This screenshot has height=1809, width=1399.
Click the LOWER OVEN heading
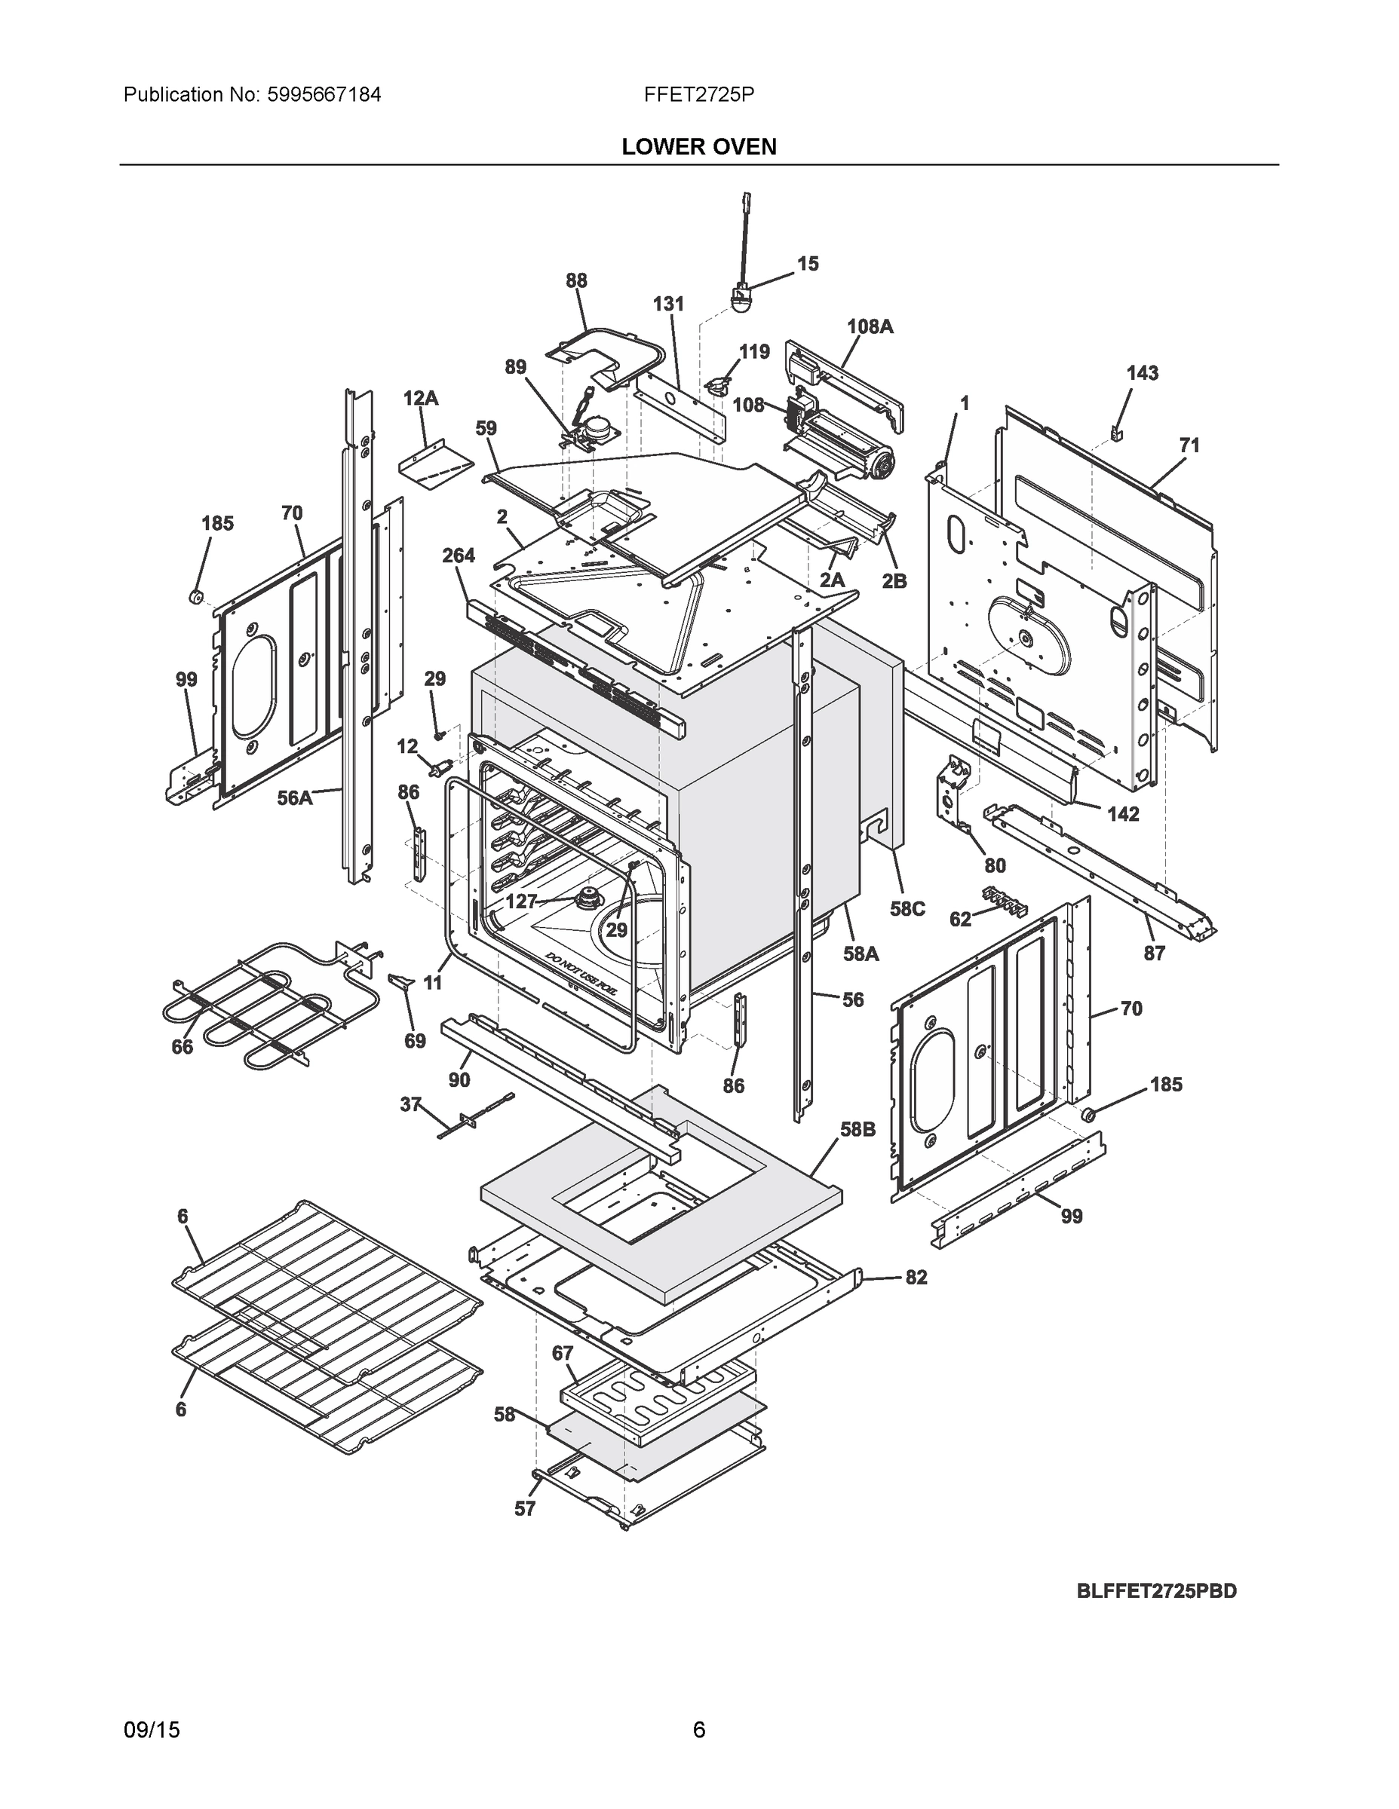(698, 147)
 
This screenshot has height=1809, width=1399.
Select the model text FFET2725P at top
(698, 94)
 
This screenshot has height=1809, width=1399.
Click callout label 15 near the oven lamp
(807, 263)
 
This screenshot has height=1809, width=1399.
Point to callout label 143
(1141, 373)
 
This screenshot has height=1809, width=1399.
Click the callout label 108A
(870, 326)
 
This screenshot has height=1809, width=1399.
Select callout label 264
(458, 555)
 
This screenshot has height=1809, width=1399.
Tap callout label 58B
(857, 1129)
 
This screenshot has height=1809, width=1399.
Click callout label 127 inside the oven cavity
(521, 901)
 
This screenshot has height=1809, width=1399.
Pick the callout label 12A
(420, 399)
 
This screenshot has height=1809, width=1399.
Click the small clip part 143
(1115, 433)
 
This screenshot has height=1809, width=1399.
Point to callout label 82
(915, 1278)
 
